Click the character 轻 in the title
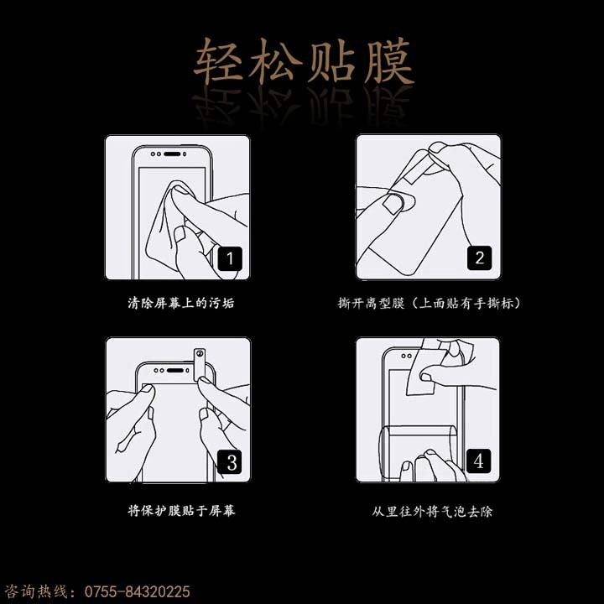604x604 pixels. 217,61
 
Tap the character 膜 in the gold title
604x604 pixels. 389,61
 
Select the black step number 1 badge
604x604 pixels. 230,258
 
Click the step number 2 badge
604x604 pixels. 479,258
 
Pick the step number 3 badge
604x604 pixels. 230,461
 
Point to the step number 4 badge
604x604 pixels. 478,461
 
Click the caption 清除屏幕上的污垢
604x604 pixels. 181,303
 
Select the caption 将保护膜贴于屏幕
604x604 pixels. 181,511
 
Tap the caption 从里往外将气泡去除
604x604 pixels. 432,511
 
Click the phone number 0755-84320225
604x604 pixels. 137,591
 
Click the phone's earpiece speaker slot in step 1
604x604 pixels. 172,154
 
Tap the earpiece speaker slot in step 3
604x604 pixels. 175,371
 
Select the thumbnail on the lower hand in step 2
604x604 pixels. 392,203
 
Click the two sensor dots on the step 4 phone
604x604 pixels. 406,356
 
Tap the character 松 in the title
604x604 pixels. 274,61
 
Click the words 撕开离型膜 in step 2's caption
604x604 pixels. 372,303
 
